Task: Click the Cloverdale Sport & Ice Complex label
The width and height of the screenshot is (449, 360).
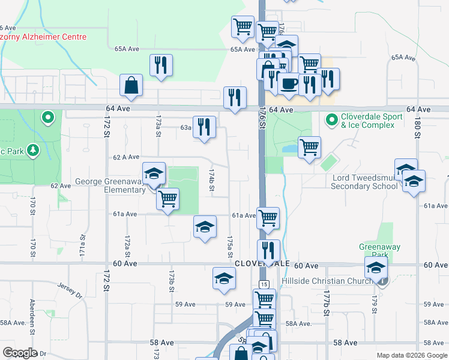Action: click(x=367, y=121)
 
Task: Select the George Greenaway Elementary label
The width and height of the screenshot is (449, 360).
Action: click(x=111, y=185)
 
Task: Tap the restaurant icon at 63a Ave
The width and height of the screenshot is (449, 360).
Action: click(x=204, y=127)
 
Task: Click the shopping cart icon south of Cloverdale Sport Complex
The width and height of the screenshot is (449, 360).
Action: click(x=309, y=148)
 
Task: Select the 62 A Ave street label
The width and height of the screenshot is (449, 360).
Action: click(x=126, y=157)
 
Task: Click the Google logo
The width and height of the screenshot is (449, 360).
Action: click(x=20, y=353)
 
